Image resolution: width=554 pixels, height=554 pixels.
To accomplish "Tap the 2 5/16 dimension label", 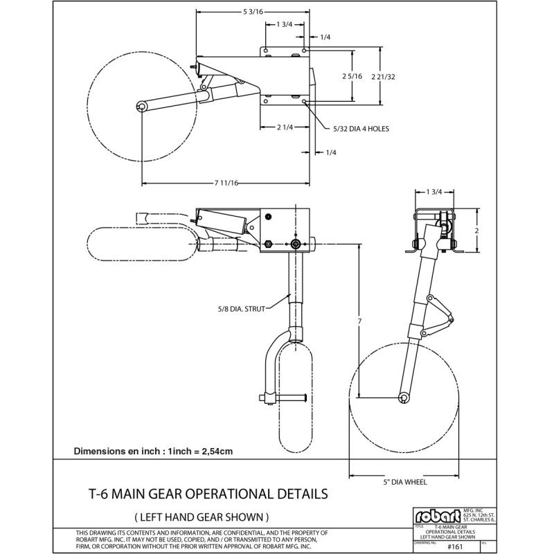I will [353, 76].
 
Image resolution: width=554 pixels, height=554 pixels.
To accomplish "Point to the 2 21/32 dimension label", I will [383, 76].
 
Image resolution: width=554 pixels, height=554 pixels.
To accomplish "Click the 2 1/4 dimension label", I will [285, 127].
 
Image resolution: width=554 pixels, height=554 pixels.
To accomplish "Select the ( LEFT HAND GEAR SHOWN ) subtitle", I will [201, 517].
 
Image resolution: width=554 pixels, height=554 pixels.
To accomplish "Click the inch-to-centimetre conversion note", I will [153, 451].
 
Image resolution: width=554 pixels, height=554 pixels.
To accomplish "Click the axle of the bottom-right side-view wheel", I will [403, 397].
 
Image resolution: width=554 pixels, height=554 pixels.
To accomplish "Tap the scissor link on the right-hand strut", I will [439, 315].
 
